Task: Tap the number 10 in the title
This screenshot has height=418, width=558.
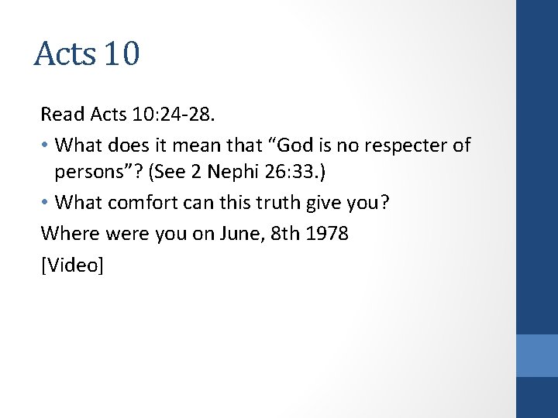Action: pyautogui.click(x=120, y=54)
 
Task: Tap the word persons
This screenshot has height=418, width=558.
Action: pyautogui.click(x=87, y=174)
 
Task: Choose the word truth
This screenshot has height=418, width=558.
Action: pyautogui.click(x=270, y=204)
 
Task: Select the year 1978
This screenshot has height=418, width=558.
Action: pyautogui.click(x=328, y=233)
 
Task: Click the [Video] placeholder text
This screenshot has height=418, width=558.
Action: pyautogui.click(x=72, y=264)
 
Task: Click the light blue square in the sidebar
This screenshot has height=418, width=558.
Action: pyautogui.click(x=537, y=355)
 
